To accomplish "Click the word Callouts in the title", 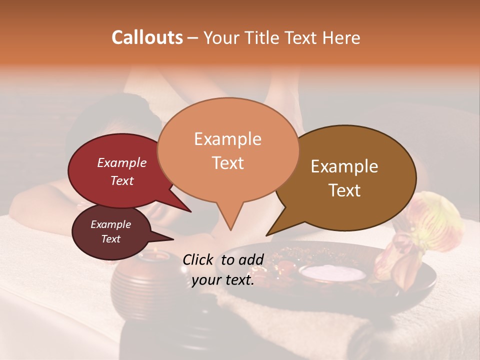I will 147,37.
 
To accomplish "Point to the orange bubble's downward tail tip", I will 230,230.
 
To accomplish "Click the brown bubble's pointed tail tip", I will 266,235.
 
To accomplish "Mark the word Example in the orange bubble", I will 227,138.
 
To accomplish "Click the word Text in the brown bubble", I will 344,190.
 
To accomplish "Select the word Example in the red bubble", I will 121,162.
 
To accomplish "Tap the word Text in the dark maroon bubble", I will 110,239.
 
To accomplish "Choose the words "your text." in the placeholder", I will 222,280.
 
